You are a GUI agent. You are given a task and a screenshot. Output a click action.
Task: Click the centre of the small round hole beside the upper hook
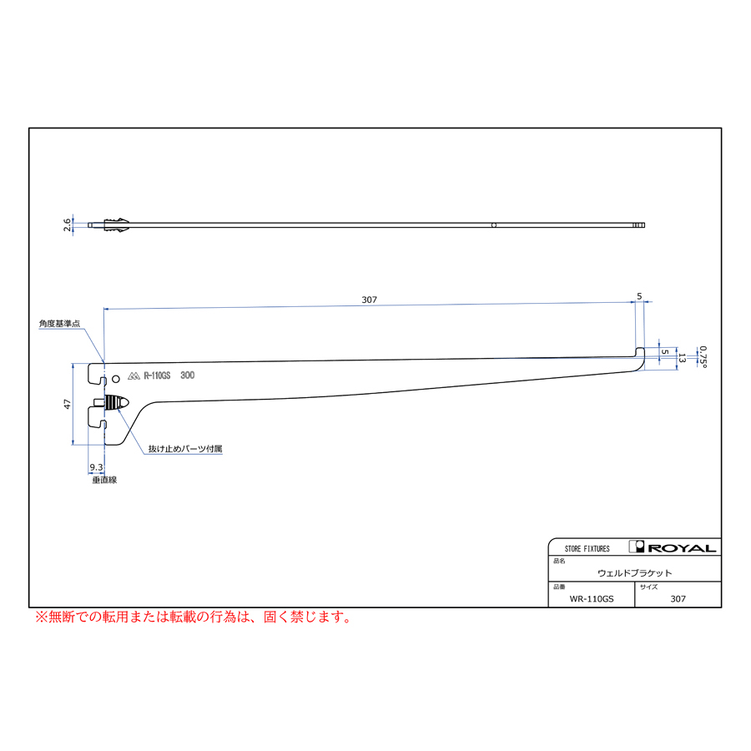click(115, 379)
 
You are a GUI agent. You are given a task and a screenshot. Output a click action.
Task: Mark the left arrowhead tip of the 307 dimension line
click(104, 310)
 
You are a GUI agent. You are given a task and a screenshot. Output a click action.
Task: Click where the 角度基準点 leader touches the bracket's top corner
click(103, 363)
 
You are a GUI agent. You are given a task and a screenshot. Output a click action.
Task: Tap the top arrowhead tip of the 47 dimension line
click(73, 364)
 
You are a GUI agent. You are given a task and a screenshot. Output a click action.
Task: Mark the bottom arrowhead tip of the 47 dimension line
click(73, 445)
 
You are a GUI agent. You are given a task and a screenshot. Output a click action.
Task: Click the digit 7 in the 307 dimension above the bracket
click(375, 300)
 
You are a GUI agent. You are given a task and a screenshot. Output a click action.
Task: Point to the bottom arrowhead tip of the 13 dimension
click(677, 370)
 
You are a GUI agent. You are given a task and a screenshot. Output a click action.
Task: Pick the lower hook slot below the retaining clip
click(97, 417)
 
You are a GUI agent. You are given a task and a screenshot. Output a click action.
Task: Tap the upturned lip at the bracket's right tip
click(639, 353)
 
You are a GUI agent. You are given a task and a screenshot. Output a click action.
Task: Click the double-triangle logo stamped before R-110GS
click(134, 376)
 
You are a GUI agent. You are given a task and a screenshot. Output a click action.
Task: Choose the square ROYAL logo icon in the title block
click(637, 547)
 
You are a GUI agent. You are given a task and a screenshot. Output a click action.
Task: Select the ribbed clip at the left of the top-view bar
click(116, 225)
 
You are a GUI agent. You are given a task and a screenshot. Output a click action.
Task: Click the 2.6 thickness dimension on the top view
click(67, 225)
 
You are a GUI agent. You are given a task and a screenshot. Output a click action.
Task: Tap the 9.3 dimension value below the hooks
click(96, 467)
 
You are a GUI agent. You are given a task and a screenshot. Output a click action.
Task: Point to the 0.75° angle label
click(703, 357)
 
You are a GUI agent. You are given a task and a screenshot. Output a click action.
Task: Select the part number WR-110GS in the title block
click(592, 598)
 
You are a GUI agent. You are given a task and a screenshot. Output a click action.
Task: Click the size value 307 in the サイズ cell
click(678, 598)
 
